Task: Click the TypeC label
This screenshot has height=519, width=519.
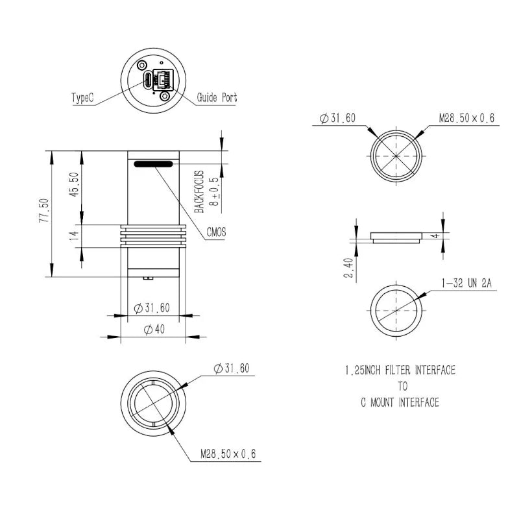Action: [x=82, y=98]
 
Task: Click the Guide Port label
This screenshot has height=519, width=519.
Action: [x=217, y=98]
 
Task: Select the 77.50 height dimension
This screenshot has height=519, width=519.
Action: [x=43, y=211]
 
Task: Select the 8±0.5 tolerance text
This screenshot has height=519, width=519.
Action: [x=214, y=191]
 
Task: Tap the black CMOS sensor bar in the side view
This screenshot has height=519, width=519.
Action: [x=154, y=164]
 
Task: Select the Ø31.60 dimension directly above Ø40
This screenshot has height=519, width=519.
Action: [x=152, y=308]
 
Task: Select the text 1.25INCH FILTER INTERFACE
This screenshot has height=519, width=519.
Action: [x=400, y=370]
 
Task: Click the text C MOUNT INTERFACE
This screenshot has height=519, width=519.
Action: [x=400, y=402]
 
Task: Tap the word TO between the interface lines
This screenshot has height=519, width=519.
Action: [x=402, y=386]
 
